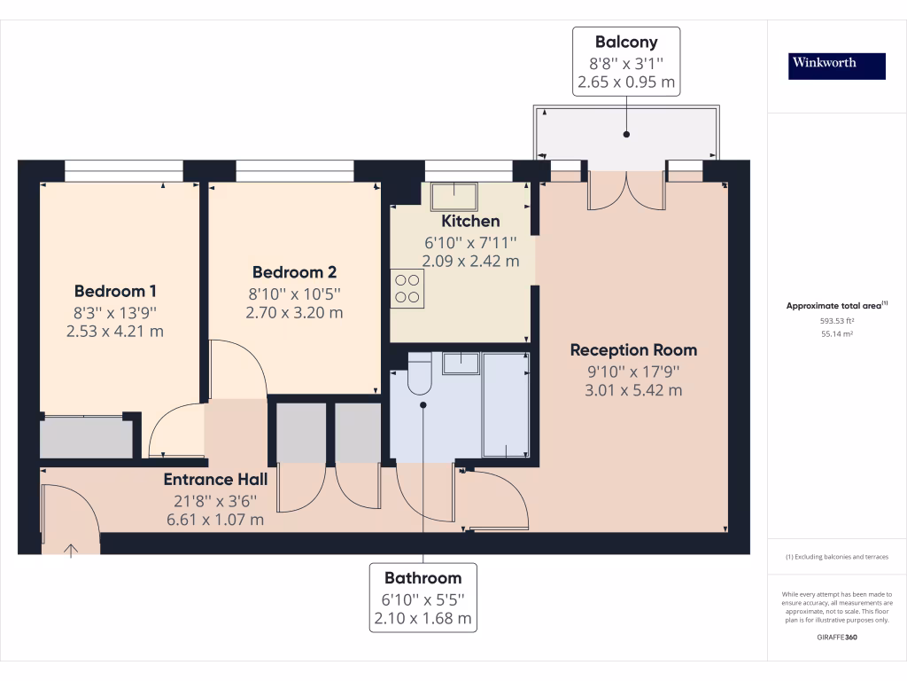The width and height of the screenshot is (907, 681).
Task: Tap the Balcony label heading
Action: pos(626,42)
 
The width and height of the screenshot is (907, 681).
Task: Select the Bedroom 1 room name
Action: pos(115,291)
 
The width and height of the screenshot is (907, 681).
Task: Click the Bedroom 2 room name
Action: pos(294,272)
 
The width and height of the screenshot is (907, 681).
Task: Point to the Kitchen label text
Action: pos(470,221)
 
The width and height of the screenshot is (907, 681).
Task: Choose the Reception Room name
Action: pos(633,349)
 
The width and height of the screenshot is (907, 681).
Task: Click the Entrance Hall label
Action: pos(215,480)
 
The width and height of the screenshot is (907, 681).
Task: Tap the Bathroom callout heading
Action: pos(422,577)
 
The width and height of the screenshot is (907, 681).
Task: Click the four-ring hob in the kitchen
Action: pos(407,288)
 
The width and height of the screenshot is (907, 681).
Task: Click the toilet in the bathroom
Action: pos(418,373)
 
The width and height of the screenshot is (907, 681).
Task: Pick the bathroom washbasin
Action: pos(461,363)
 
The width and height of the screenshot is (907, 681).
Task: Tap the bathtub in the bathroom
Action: pos(506,404)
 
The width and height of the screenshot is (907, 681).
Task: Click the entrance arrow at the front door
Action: pos(71,551)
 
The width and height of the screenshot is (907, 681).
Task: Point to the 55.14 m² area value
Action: pos(836,335)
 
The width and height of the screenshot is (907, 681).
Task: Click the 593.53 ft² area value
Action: pos(836,321)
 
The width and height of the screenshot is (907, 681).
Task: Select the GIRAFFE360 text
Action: pos(836,637)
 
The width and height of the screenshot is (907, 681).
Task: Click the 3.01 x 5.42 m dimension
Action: pos(633,390)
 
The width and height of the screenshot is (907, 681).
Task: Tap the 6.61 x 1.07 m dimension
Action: pos(215,520)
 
